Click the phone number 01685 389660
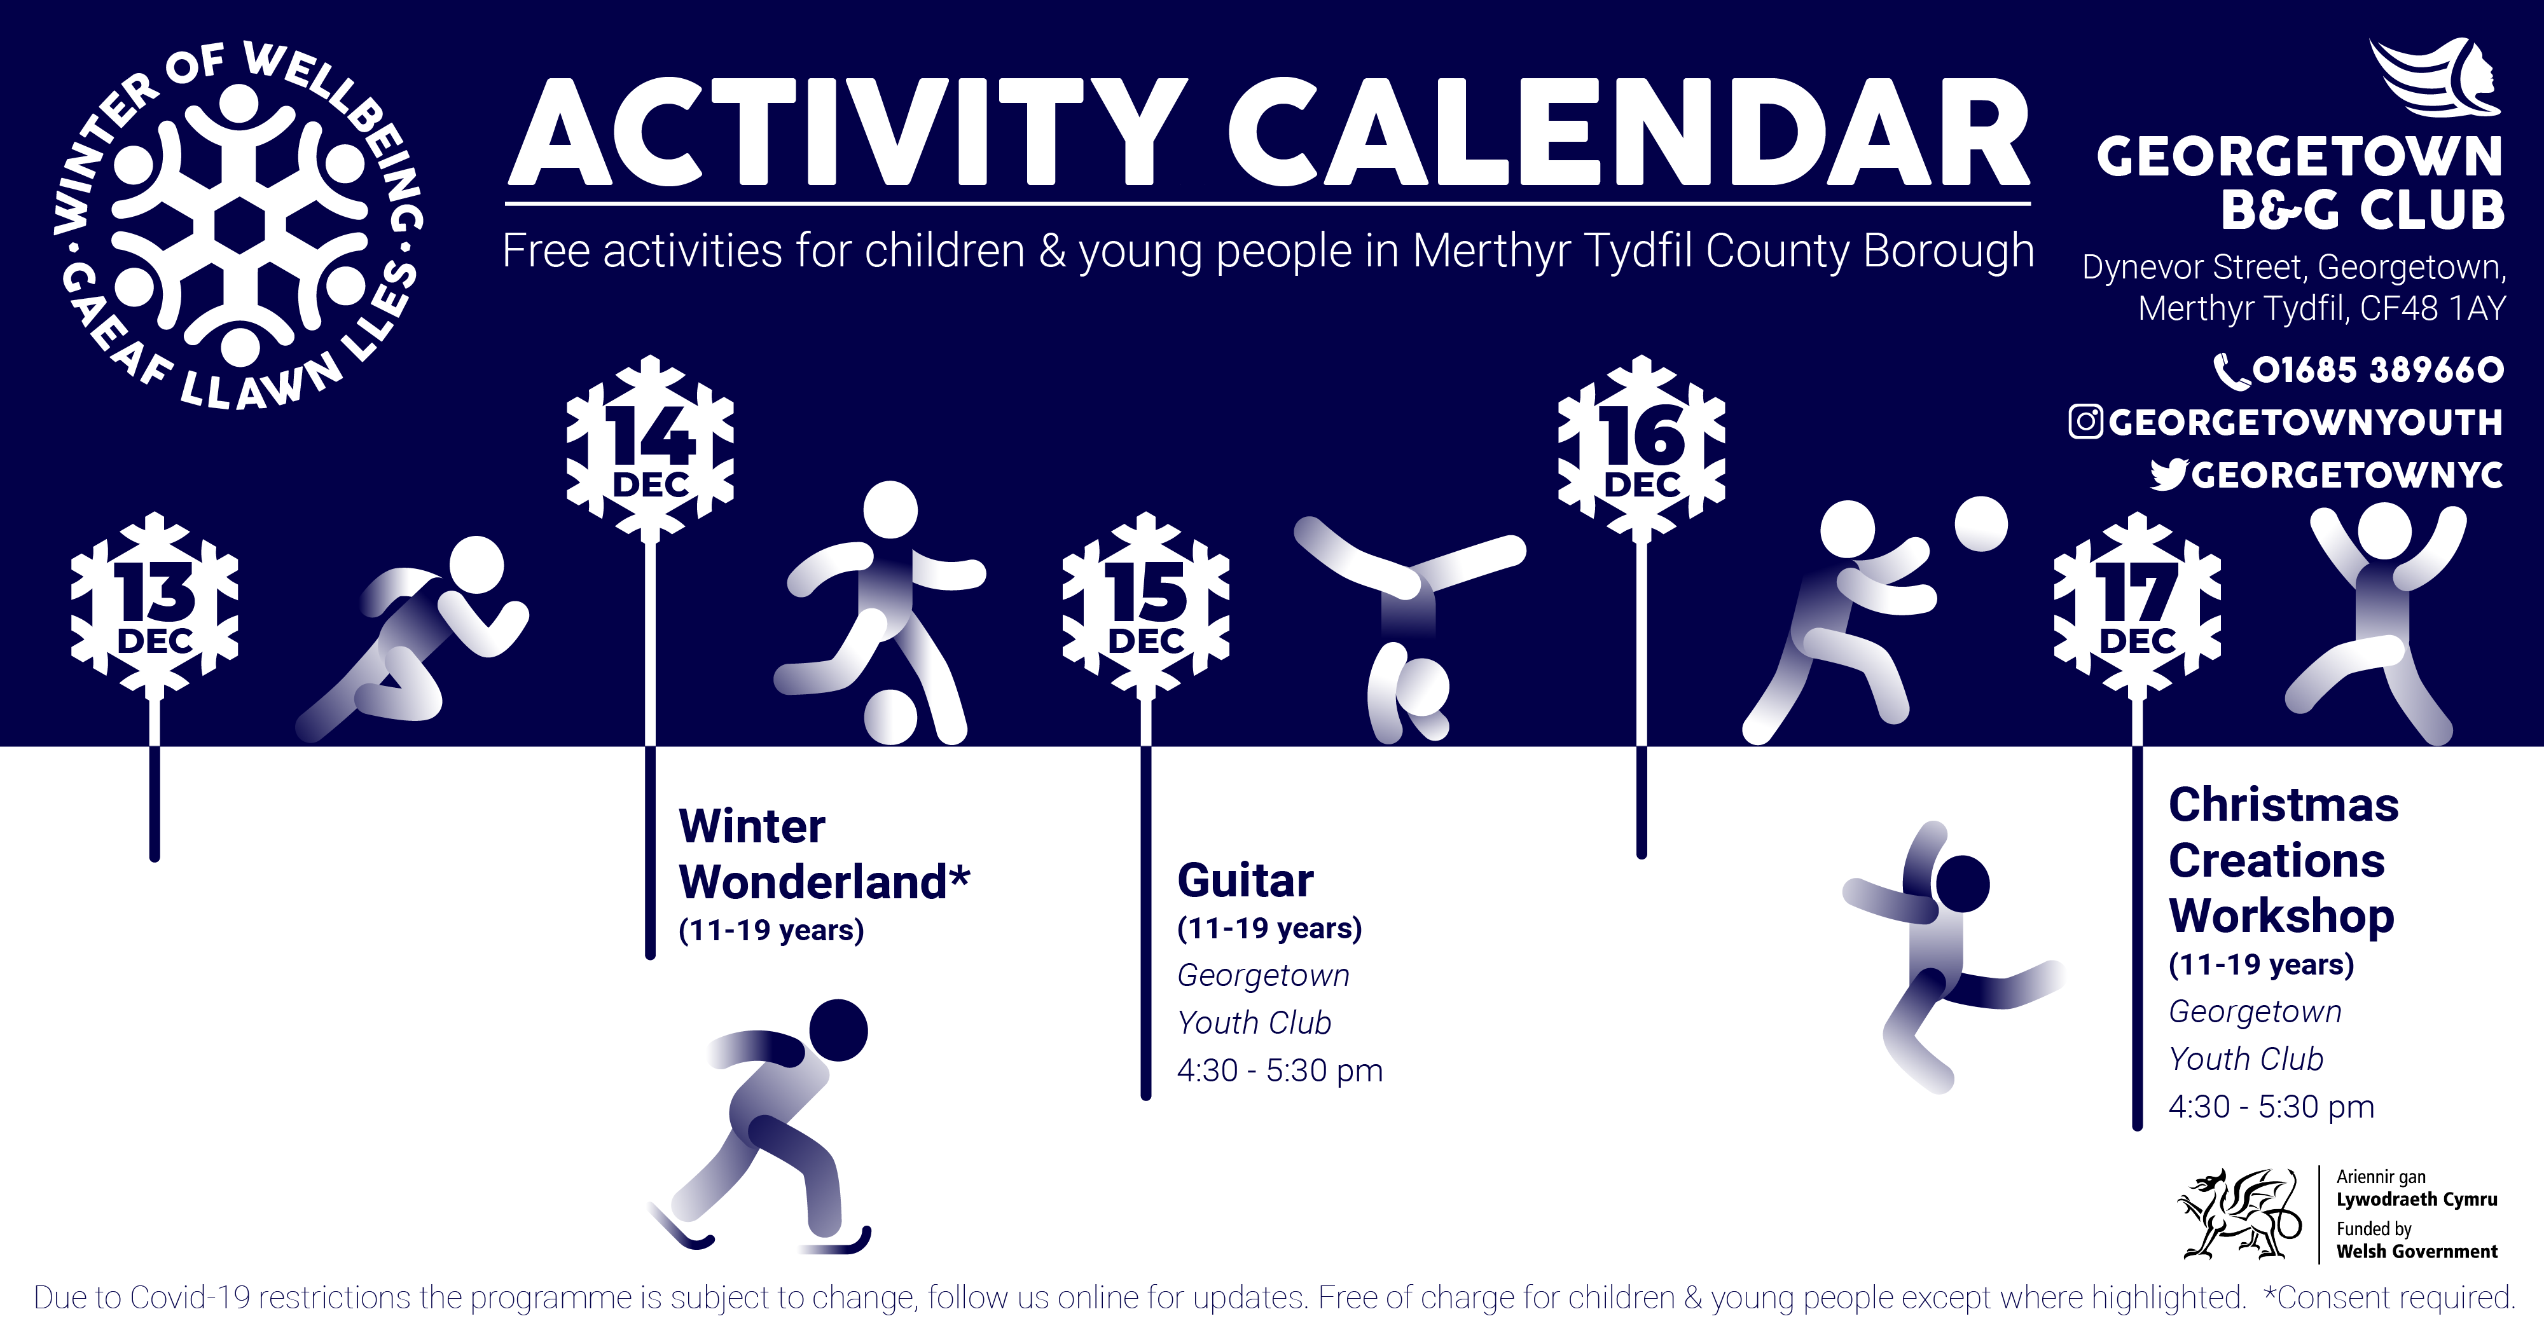pos(2377,370)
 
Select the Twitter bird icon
pos(2169,475)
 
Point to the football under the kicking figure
pos(891,717)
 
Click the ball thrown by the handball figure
pos(1981,524)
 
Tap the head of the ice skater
pos(838,1030)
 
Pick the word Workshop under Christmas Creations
pos(2281,916)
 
